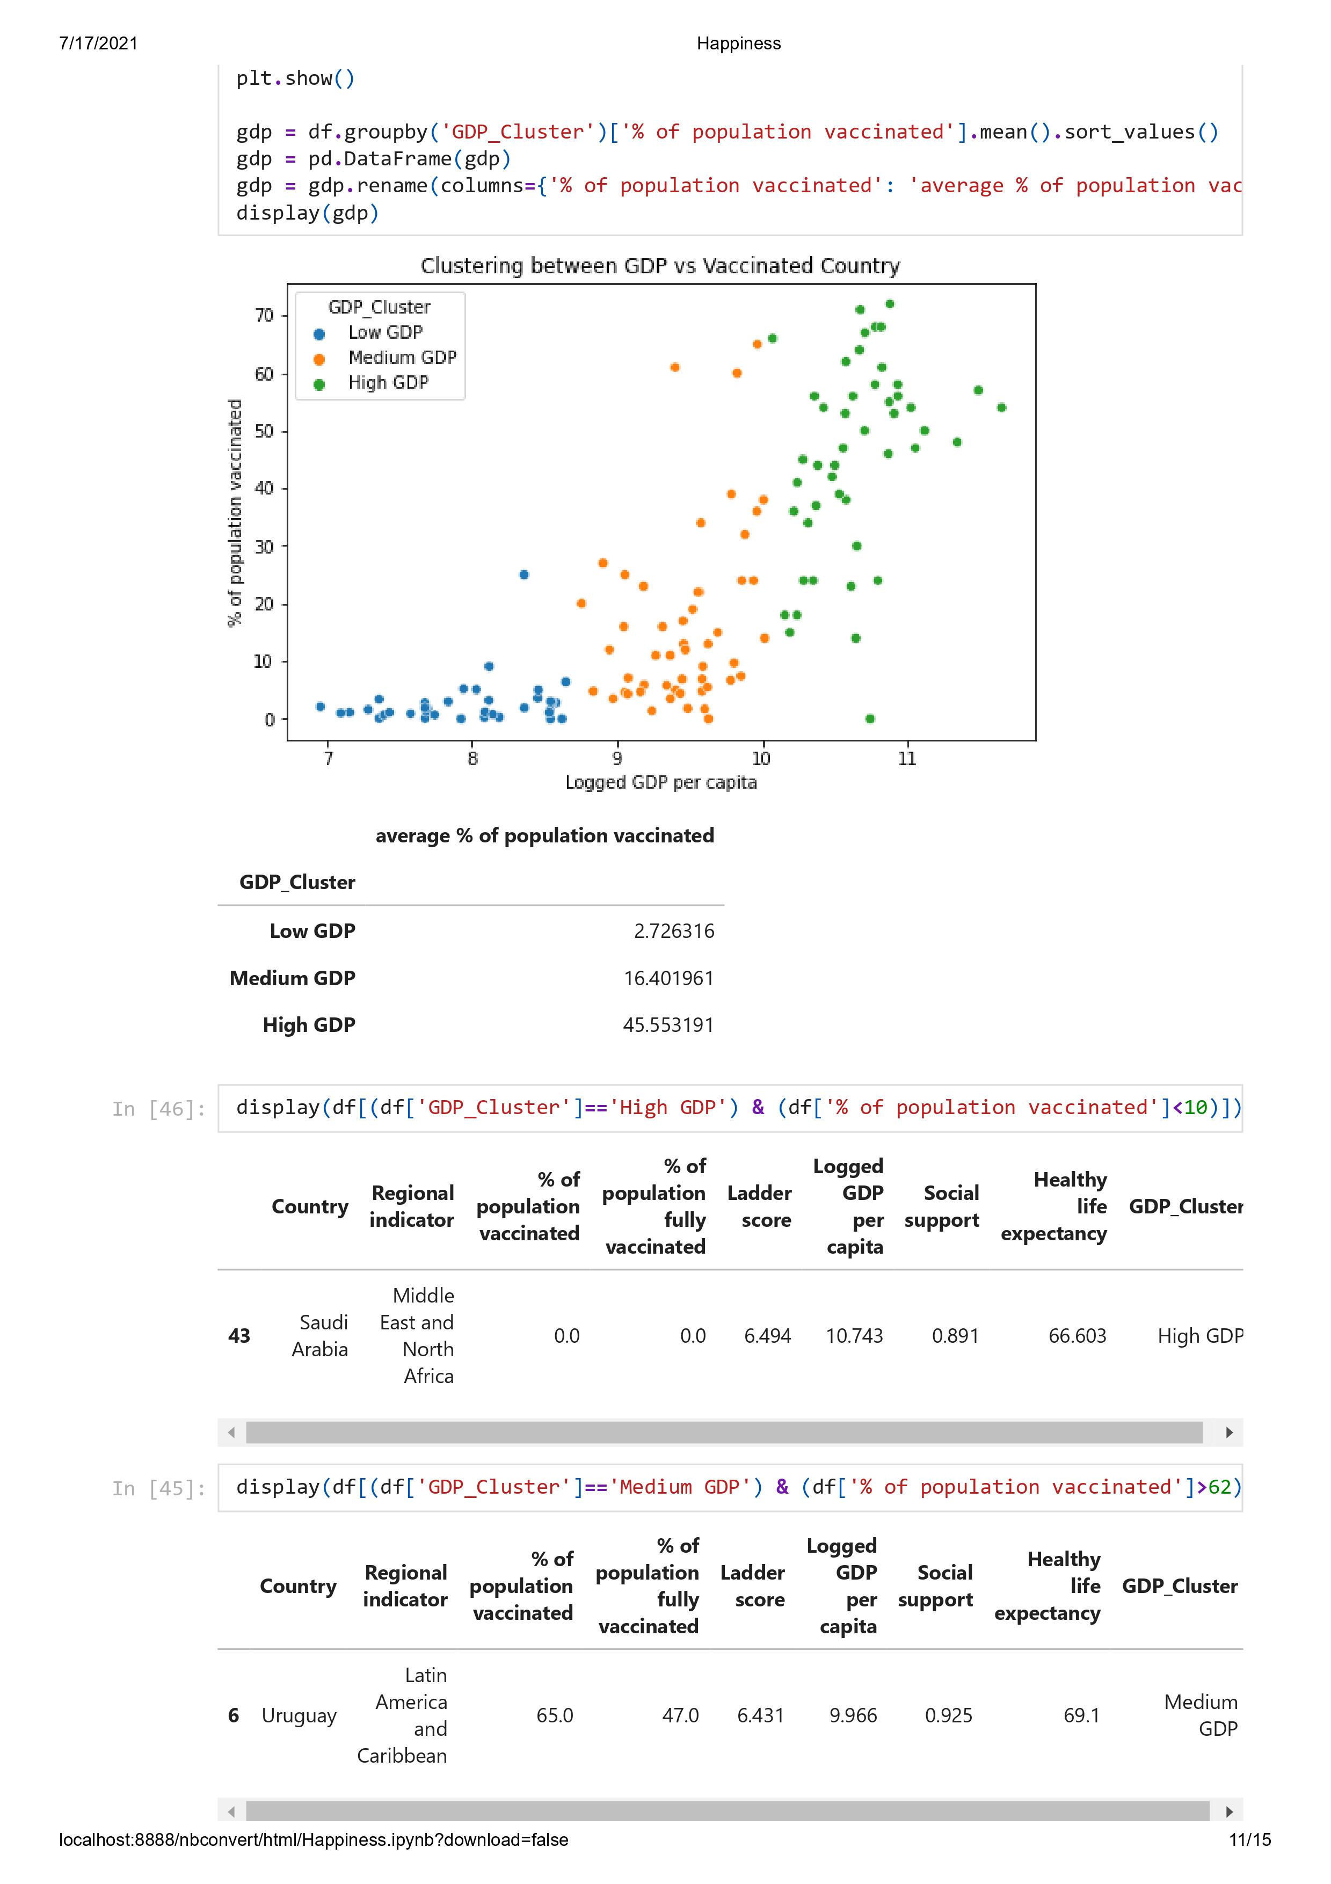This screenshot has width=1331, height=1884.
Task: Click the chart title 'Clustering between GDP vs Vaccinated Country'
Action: (660, 266)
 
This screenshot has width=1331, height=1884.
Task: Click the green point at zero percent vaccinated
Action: (870, 719)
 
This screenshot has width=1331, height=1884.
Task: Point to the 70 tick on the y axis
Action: (264, 316)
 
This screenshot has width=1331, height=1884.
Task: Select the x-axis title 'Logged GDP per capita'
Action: (660, 783)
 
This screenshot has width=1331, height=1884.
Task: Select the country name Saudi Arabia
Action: (320, 1336)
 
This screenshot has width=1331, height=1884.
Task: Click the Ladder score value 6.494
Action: (767, 1336)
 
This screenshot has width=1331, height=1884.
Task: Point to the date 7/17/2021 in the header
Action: (98, 43)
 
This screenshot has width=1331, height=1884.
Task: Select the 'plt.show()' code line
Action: (295, 79)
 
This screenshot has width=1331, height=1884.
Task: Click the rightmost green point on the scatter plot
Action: (1001, 408)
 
